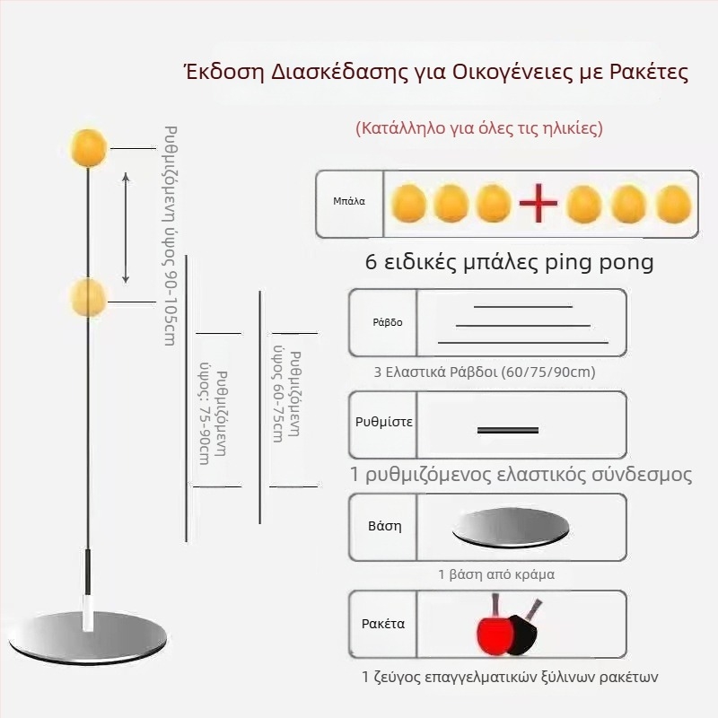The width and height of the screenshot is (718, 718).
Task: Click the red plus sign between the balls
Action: (538, 205)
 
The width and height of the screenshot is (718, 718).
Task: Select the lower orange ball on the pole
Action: (89, 297)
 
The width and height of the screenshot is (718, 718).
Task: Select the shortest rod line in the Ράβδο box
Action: (522, 307)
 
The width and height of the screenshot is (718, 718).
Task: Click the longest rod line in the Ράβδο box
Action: (522, 342)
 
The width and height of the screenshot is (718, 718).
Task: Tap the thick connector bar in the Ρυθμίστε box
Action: (508, 431)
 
